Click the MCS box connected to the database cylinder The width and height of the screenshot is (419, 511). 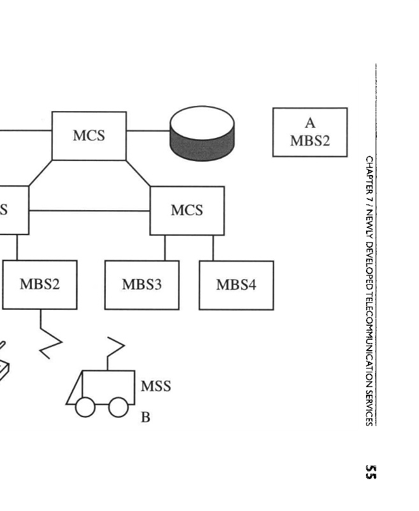click(89, 135)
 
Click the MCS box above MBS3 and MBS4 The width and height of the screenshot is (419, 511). click(187, 210)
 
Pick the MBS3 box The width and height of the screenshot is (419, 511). click(142, 285)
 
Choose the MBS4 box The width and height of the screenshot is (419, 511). click(236, 285)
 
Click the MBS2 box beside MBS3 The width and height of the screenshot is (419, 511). click(40, 285)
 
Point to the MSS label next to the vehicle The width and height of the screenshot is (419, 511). click(156, 386)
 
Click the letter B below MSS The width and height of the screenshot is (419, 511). click(145, 418)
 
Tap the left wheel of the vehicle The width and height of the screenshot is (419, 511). click(85, 407)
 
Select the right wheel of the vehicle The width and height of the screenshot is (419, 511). click(118, 407)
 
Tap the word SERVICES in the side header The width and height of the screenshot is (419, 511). click(369, 402)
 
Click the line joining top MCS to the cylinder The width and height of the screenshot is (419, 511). click(148, 130)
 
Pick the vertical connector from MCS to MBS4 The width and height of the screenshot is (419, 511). click(213, 248)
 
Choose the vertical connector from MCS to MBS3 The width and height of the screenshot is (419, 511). click(165, 248)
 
